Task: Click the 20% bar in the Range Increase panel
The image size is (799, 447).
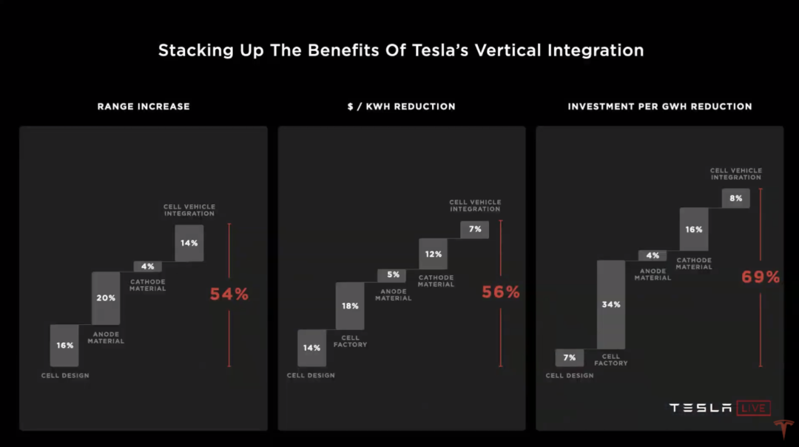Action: pos(106,298)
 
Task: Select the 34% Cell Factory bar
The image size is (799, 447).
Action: pos(611,305)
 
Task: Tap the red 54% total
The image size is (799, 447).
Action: pos(229,294)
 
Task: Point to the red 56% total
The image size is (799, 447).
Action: pos(501,292)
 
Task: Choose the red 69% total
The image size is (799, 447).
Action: pos(761,277)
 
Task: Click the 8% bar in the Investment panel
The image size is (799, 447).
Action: pos(736,198)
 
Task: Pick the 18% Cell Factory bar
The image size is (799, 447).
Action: pos(350,306)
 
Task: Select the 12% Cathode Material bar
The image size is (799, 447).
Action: pos(433,254)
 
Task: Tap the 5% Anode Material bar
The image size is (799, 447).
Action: pos(392,275)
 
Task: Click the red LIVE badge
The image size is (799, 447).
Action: pos(754,408)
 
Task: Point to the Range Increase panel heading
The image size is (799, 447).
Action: pos(144,107)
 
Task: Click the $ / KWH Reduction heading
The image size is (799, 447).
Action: pos(402,107)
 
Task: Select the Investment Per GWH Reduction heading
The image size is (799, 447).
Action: pos(660,107)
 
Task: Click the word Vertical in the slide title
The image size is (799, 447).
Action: pos(508,50)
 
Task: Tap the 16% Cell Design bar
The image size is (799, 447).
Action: pos(64,346)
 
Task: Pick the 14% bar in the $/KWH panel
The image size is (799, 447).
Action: pos(312,348)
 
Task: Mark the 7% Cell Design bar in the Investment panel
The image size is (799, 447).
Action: pos(570,357)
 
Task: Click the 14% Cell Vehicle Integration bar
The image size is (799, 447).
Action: pos(189,243)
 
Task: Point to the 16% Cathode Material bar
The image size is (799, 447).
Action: pos(694,229)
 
